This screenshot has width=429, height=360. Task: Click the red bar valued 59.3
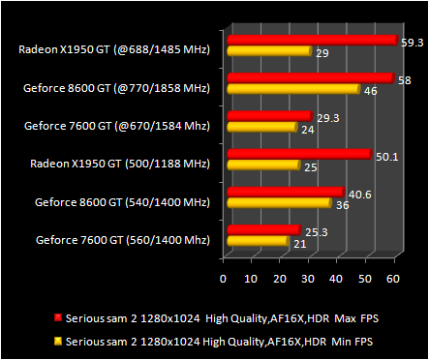(x=312, y=41)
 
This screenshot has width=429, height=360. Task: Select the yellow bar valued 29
(x=268, y=50)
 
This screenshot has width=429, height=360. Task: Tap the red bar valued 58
(x=309, y=78)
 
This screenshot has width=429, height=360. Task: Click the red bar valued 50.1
(x=297, y=154)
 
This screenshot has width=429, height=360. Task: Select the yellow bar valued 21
(x=257, y=239)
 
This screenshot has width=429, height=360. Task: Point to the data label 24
(x=308, y=129)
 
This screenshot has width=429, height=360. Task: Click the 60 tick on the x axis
(x=392, y=279)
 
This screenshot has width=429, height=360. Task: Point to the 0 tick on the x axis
(x=224, y=279)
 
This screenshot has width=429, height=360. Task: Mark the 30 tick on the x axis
(x=308, y=279)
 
